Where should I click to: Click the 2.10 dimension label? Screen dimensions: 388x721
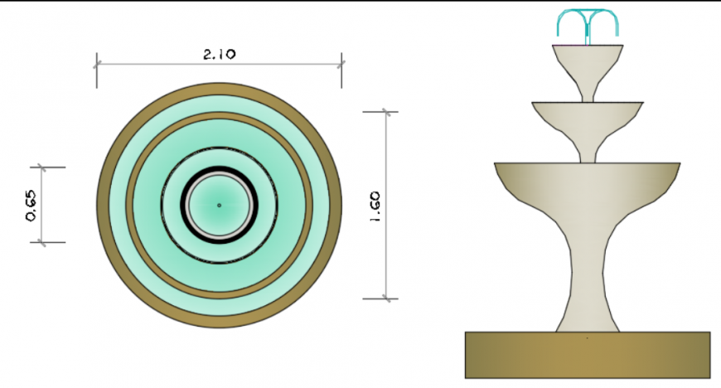coord(220,54)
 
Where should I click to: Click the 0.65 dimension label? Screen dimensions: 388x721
coord(31,205)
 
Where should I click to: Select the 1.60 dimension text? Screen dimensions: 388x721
coord(375,206)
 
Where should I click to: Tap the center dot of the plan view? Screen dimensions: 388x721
coord(219,205)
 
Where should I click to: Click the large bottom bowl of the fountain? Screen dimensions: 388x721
coord(588,187)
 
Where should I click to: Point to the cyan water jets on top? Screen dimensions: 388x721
coord(588,22)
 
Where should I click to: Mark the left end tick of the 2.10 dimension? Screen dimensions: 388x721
coord(97,62)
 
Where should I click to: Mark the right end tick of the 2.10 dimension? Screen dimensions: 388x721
coord(341,62)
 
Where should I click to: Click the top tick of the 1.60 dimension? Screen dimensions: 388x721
coord(386,112)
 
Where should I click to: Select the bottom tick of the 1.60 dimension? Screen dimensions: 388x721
coord(386,298)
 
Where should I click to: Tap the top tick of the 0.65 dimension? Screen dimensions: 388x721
coord(41,167)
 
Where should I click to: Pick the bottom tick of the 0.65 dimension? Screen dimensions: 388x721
coord(41,242)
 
